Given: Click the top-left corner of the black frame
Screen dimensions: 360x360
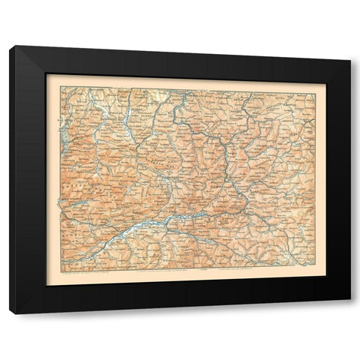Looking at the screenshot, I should point(10,46).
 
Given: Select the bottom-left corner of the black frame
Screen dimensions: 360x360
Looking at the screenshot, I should point(10,313).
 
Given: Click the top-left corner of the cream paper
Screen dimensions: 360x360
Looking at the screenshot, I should point(46,73).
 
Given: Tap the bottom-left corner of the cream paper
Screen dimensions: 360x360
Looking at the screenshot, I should point(46,286).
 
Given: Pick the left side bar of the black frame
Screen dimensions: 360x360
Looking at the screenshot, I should point(28,180).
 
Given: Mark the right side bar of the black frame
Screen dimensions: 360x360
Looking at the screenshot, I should point(338,180).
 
